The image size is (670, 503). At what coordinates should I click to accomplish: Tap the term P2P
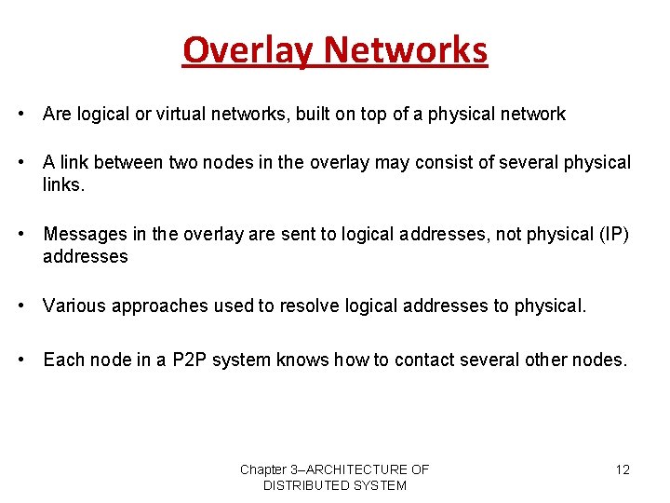(190, 360)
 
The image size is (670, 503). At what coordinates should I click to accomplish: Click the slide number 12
(623, 469)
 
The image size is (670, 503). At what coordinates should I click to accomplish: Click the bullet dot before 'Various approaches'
(20, 306)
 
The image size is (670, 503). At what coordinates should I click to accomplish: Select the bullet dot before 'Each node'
(20, 360)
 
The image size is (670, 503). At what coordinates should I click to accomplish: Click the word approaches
(154, 306)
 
